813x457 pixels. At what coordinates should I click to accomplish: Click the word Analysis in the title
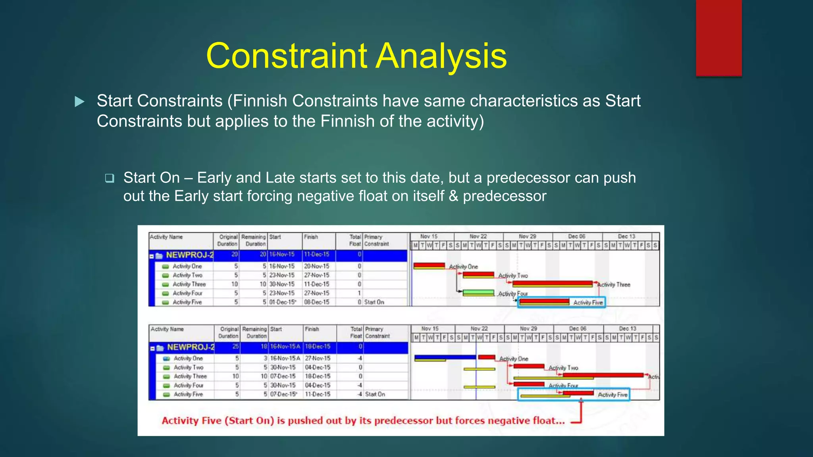point(441,56)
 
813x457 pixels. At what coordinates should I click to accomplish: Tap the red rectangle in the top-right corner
point(719,38)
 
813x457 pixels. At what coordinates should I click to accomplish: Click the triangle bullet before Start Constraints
point(80,102)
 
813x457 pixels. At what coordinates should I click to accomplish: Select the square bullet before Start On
point(110,178)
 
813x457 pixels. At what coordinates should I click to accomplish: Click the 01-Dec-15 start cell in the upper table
point(283,302)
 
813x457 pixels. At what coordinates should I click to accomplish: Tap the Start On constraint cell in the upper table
point(374,302)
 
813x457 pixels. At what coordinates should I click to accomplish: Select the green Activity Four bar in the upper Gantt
point(479,293)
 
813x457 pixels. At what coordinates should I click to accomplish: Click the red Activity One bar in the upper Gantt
point(429,266)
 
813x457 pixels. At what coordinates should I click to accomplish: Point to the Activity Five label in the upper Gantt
point(588,303)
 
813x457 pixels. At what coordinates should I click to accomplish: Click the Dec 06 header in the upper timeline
point(577,236)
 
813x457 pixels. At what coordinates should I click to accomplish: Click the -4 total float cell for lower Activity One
point(359,358)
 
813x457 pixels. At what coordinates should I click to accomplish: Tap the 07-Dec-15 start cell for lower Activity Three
point(283,376)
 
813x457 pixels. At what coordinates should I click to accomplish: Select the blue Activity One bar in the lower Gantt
point(445,357)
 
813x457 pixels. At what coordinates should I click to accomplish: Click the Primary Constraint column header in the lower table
point(377,332)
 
